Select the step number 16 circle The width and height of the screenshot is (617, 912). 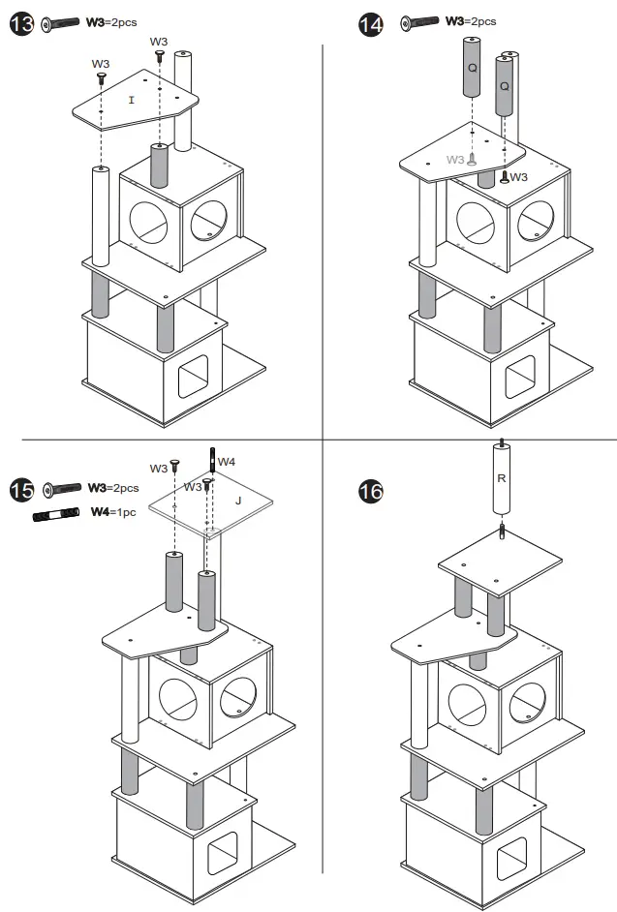coord(370,491)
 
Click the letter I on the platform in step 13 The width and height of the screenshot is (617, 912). coord(131,100)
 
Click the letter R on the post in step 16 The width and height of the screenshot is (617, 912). coord(499,477)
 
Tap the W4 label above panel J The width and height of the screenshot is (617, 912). coord(226,462)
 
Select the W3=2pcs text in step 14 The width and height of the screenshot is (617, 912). coord(471,20)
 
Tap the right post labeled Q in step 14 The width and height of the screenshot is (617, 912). coord(504,87)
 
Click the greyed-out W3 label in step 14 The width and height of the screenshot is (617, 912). coord(455,160)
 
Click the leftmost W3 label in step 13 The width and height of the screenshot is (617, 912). coord(101,64)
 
